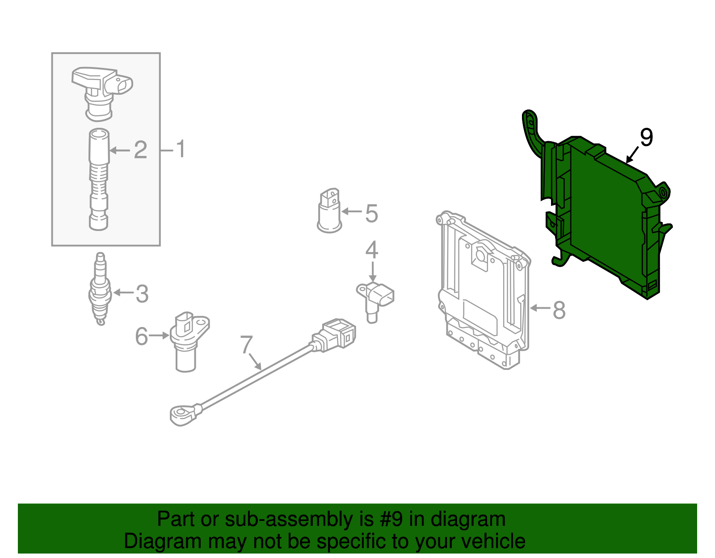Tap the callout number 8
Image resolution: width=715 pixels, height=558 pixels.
(x=559, y=310)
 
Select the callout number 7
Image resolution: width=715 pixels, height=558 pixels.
(x=246, y=344)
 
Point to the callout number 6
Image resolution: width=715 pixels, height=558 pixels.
(x=142, y=336)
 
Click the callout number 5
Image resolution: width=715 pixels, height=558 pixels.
(x=371, y=213)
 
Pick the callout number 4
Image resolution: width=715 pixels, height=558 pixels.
(x=372, y=250)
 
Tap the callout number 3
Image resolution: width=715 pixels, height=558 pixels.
(x=142, y=294)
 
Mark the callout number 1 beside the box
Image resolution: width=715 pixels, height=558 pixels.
(x=181, y=149)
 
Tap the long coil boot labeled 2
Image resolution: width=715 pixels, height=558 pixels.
(x=99, y=179)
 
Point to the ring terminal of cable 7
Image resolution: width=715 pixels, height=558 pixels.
(x=181, y=414)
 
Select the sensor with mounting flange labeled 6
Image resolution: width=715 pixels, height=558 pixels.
(x=187, y=340)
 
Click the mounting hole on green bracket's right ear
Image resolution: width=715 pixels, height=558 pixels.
(x=663, y=193)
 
